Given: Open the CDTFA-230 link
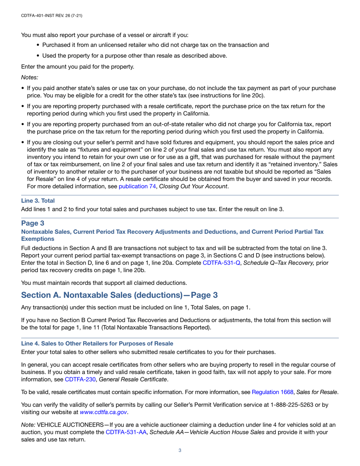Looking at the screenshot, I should (80, 379).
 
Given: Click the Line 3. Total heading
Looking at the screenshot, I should (38, 201).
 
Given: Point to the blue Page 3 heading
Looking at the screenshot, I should (34, 223).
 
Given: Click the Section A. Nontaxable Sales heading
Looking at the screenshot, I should (119, 295).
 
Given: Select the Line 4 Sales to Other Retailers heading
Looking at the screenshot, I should (97, 343).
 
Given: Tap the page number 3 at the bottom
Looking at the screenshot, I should (180, 450).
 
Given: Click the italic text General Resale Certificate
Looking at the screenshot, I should (133, 379).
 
